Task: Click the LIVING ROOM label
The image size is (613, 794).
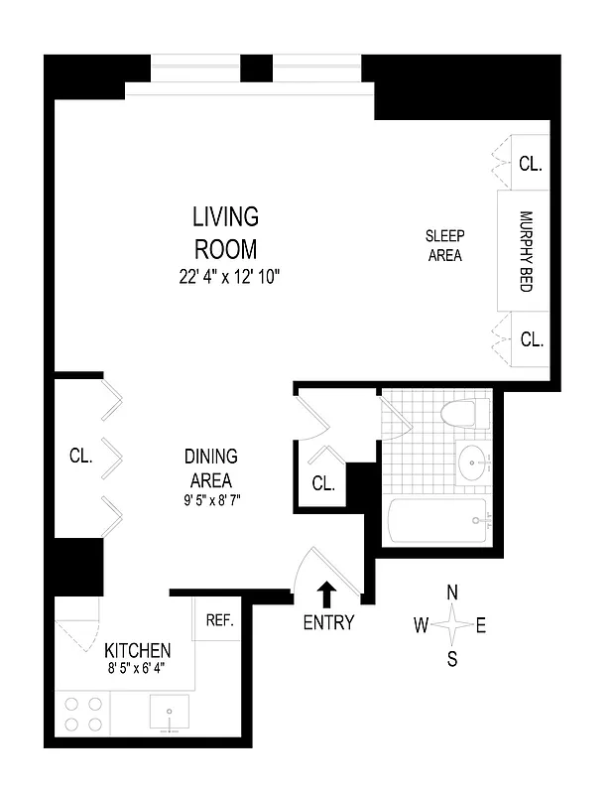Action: point(225,231)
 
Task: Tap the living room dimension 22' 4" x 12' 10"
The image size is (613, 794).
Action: point(225,278)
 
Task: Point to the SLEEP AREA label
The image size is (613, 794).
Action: point(445,245)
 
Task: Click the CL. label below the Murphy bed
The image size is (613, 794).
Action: point(532,339)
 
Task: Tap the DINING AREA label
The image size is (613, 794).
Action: point(210,468)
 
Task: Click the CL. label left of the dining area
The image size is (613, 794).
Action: point(80,458)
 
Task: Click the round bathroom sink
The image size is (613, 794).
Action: point(473,461)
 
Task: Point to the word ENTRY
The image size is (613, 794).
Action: point(328,624)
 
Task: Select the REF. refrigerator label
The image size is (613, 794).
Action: point(218,620)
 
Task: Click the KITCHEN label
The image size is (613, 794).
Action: point(138,651)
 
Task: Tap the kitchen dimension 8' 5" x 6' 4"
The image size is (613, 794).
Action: point(138,669)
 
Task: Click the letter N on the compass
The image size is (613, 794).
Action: point(452,593)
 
